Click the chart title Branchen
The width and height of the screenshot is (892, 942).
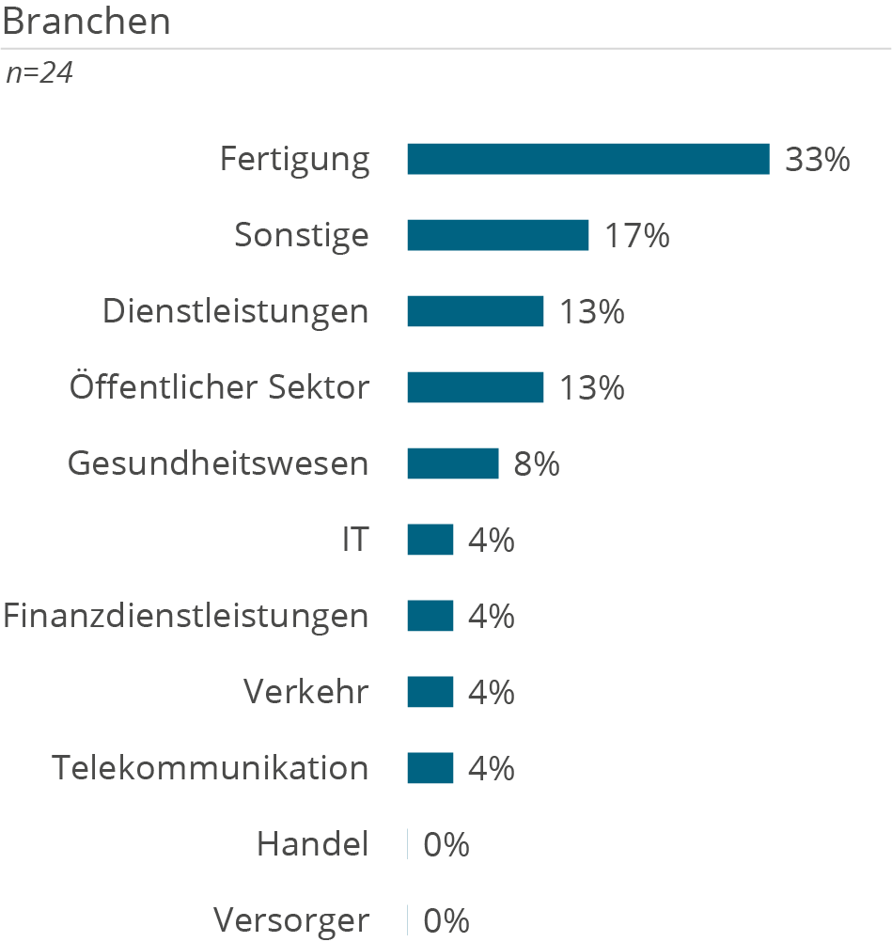[x=86, y=21]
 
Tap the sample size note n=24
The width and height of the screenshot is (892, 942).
[x=39, y=73]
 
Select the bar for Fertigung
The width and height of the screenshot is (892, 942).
[x=587, y=159]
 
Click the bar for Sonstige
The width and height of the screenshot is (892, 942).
[x=497, y=235]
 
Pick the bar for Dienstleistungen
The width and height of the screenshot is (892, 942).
[x=475, y=311]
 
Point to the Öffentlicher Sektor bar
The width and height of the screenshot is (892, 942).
[x=475, y=387]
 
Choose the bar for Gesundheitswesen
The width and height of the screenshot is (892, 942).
[x=452, y=463]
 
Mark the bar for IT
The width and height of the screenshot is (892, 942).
[x=430, y=540]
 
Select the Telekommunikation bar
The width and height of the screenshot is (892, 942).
[x=430, y=768]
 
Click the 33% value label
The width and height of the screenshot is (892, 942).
[x=817, y=160]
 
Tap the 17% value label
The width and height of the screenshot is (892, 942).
[x=636, y=236]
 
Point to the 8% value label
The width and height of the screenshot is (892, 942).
[x=536, y=464]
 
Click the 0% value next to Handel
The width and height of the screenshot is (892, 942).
[x=446, y=845]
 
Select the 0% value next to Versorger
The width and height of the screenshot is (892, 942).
[x=446, y=921]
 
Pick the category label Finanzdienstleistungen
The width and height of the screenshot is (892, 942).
[x=186, y=616]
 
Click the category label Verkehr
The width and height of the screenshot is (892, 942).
[x=306, y=692]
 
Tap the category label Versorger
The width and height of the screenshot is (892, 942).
[x=291, y=920]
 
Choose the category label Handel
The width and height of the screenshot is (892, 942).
[x=313, y=844]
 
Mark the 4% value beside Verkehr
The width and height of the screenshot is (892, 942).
[x=491, y=693]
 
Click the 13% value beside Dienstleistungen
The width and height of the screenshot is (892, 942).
[x=591, y=312]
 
